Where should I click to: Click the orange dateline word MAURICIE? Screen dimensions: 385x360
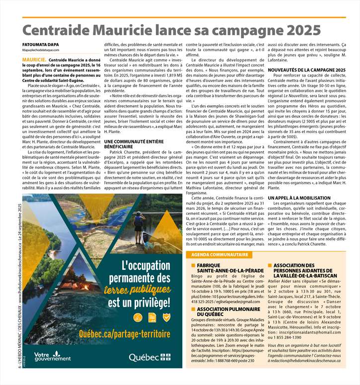34,59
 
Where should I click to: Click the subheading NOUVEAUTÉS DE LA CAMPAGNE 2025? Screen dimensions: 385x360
307,70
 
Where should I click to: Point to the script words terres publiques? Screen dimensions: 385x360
139,288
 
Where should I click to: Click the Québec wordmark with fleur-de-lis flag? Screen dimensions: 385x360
149,357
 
